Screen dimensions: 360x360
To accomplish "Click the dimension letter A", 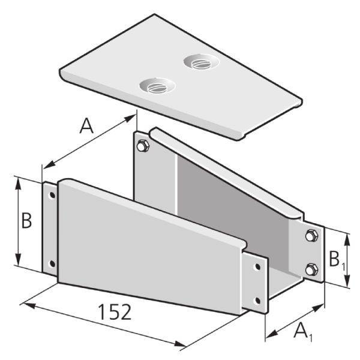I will point(88,127).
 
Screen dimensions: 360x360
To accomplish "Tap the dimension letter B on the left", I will point(26,221).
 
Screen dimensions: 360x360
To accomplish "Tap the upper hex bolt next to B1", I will point(310,236).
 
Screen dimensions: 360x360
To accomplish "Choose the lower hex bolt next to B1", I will point(310,269).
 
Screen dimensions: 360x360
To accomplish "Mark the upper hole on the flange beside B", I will point(52,195).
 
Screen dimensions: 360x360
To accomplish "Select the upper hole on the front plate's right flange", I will point(258,266).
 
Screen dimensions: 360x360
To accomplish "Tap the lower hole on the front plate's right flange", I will point(258,300).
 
